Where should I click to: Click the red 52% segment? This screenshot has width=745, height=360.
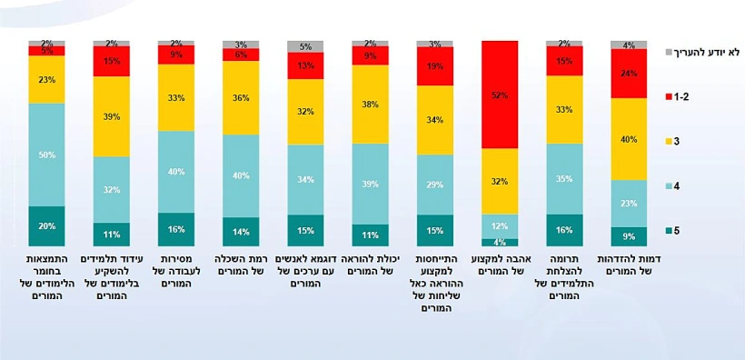coord(500,95)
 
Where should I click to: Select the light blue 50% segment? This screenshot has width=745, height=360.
coord(46,155)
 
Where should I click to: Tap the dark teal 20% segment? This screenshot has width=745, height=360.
coord(46,225)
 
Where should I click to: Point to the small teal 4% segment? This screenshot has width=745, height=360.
coord(500,242)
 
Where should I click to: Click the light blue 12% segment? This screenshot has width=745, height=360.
coord(500,225)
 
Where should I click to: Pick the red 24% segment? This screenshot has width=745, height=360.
coord(629,74)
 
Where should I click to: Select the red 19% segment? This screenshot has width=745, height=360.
coord(435,66)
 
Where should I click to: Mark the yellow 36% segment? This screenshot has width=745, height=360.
coord(241,97)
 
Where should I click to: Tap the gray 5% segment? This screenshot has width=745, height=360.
coord(305,46)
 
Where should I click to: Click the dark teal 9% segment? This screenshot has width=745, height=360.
coord(629,236)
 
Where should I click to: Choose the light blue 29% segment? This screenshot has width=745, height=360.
coord(435,185)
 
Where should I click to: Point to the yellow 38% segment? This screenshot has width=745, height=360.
coord(370,104)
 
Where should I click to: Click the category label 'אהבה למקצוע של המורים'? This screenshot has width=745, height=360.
coord(500,265)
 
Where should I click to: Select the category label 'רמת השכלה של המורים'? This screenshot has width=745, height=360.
coord(241,265)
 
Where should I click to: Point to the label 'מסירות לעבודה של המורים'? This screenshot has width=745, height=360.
coord(176,271)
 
